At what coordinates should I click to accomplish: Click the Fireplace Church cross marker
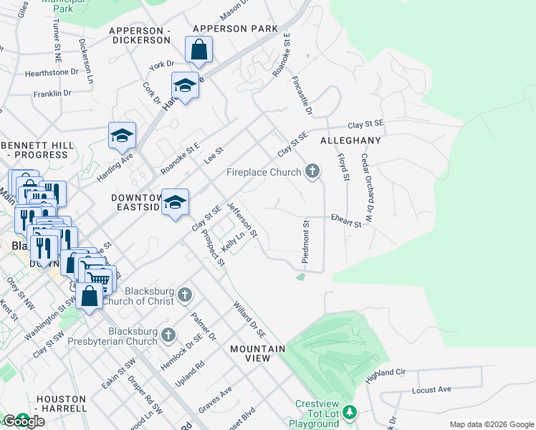tap(312, 171)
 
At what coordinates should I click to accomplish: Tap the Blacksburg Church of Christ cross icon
tap(185, 295)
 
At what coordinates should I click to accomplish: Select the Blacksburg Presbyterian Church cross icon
tap(168, 335)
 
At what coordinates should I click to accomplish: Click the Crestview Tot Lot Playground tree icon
tap(349, 412)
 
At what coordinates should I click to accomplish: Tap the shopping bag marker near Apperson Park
tap(198, 50)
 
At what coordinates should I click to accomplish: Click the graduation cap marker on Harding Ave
tap(123, 135)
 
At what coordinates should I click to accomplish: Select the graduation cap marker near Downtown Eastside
tap(175, 203)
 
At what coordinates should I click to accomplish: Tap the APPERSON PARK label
tap(234, 29)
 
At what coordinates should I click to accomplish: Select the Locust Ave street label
tap(431, 390)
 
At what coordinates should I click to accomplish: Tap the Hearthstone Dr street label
tap(52, 72)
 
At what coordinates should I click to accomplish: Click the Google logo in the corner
tap(23, 421)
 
